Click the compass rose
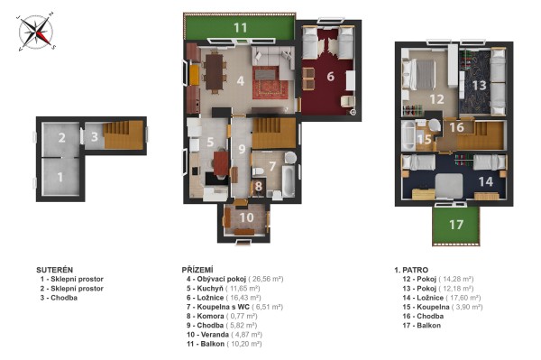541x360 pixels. (36, 32)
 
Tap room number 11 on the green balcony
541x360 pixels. (240, 28)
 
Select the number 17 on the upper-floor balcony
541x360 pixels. (455, 225)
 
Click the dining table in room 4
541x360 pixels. (215, 72)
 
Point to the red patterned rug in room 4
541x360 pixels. (270, 83)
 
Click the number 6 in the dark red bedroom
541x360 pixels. (331, 77)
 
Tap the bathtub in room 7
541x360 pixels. (289, 180)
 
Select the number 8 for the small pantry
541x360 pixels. (259, 187)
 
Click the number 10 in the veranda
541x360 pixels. (246, 217)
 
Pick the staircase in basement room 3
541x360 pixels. (124, 135)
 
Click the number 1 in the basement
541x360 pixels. (60, 177)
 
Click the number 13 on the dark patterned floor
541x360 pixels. (480, 85)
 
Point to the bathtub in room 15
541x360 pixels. (408, 135)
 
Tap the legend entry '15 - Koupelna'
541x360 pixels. (426, 307)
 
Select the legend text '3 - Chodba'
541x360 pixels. (59, 298)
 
